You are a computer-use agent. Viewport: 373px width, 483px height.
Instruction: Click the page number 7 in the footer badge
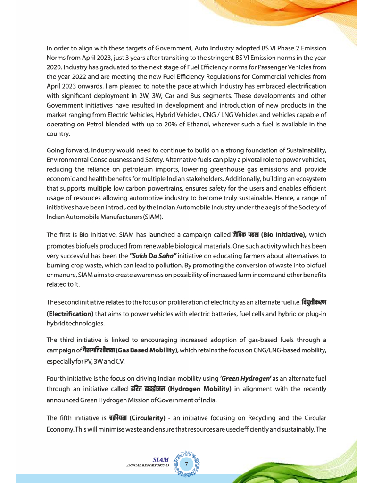(187, 464)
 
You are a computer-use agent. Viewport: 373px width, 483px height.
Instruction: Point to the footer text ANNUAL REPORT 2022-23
(148, 466)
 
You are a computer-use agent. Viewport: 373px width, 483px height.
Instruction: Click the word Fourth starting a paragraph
(57, 378)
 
